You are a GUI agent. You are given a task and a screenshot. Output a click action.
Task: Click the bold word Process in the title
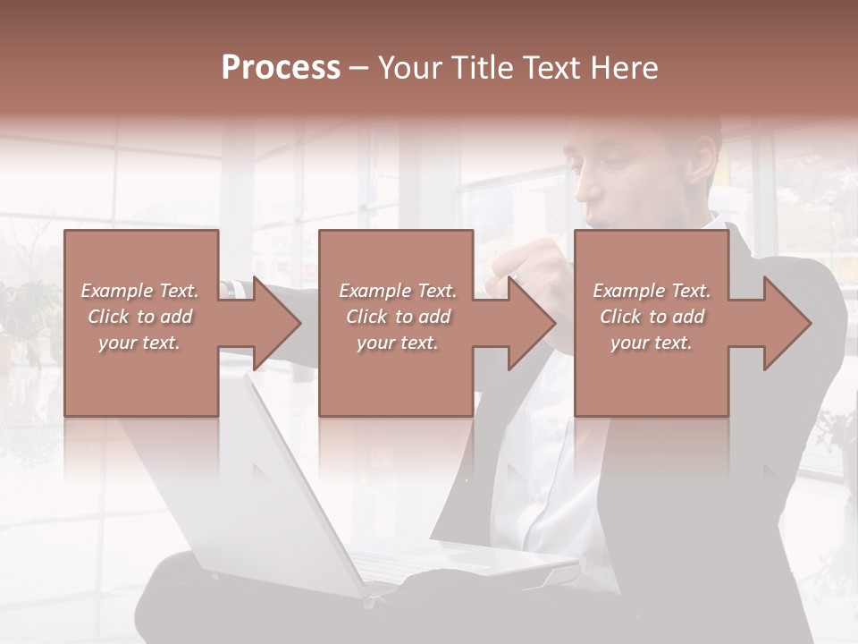pos(281,68)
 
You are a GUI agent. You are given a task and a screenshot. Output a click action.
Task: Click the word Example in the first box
pos(117,291)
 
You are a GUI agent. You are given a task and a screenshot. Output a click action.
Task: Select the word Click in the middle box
pos(366,317)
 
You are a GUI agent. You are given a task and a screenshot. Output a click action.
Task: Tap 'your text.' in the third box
pos(651,343)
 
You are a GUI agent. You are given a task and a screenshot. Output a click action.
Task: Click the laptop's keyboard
pos(420,563)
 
